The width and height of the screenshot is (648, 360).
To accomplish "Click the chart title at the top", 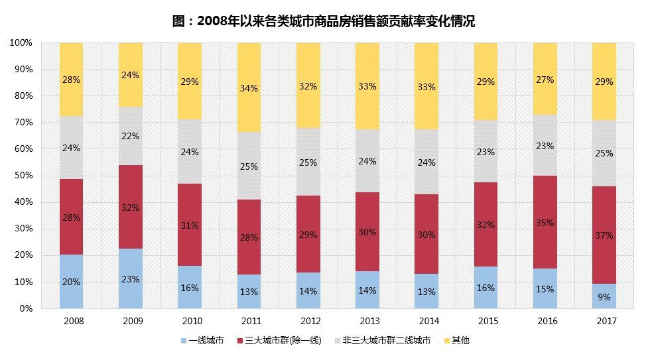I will pos(324,21).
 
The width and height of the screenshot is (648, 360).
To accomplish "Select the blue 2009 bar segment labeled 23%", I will pos(131,278).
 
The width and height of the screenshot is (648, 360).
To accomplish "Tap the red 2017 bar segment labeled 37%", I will pos(604,235).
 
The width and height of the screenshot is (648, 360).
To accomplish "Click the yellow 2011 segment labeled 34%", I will pos(249,88).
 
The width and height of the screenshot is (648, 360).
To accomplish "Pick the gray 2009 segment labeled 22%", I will pos(131,136).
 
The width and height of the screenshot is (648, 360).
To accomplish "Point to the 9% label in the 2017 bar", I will pos(604,297).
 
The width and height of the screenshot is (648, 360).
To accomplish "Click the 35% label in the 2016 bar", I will pos(545,223).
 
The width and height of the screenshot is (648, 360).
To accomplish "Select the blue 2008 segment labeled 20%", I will pos(71,281).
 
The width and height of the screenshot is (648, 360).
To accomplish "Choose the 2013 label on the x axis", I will pos(367,321).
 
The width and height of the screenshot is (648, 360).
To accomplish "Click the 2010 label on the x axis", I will pos(190,321).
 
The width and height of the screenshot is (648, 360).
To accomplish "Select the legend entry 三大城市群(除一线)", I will pos(283,341).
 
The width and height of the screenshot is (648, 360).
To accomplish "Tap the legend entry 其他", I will pos(460,341).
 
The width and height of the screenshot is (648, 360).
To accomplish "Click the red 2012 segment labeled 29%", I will pos(308,234).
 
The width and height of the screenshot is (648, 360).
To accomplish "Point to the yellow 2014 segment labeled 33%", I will pos(426,86).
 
